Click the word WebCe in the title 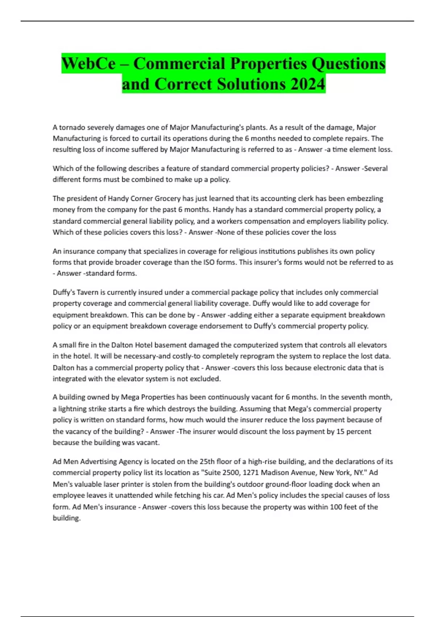tap(88, 64)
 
